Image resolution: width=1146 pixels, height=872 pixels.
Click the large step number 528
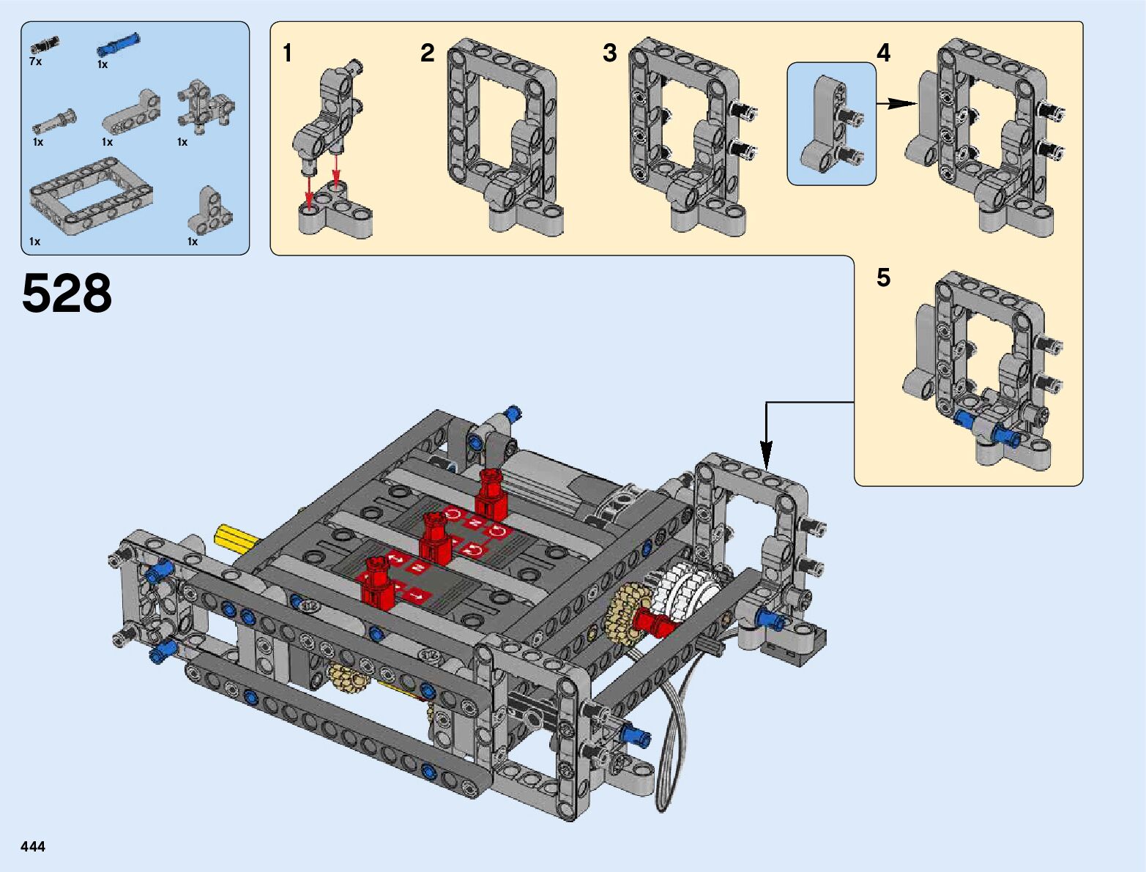(67, 293)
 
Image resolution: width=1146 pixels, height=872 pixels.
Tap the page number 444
(33, 846)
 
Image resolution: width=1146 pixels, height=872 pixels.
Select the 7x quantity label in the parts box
(35, 62)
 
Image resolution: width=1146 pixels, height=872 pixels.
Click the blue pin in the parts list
(118, 44)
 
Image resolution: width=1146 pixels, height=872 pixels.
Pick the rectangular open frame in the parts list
(91, 195)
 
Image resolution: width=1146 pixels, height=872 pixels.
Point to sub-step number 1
(287, 53)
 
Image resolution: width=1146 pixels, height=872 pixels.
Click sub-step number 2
(427, 53)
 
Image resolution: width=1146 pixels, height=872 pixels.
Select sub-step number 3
(610, 53)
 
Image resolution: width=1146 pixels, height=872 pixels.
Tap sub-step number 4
(883, 53)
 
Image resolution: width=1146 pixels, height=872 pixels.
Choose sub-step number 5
(883, 277)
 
